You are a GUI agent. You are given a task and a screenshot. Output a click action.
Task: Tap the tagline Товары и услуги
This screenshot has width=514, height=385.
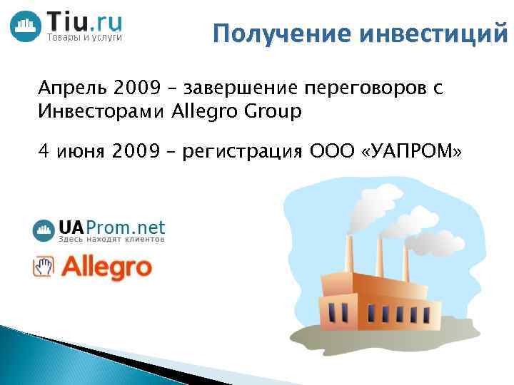[84, 37]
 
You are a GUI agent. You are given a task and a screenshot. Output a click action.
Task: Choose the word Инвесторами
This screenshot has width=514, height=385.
[104, 112]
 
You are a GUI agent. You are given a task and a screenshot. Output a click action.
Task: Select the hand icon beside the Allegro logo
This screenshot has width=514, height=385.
[44, 267]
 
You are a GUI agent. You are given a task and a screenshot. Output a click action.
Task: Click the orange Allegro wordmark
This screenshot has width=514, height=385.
[106, 267]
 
